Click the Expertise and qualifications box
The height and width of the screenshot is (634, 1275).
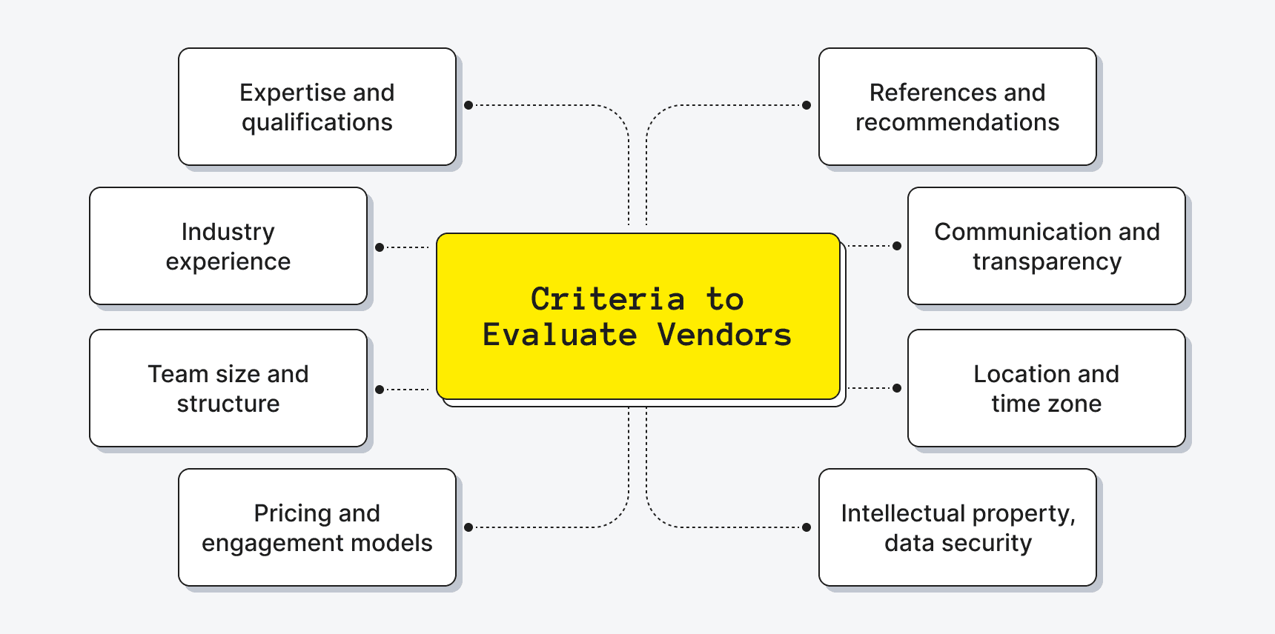(x=317, y=107)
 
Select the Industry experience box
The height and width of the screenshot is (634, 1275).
(x=228, y=246)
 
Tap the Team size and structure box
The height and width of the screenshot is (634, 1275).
(x=228, y=388)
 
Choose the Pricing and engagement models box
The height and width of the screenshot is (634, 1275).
(x=317, y=527)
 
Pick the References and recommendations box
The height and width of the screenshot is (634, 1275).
(x=957, y=107)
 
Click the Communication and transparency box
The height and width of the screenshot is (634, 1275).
(x=1046, y=246)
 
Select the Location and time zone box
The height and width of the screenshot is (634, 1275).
(x=1046, y=388)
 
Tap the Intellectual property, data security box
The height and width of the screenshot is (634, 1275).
(x=957, y=527)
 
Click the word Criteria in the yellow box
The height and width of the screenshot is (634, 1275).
(x=607, y=299)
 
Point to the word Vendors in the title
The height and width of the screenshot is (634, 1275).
(x=724, y=335)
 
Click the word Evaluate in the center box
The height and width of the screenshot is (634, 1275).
(x=560, y=335)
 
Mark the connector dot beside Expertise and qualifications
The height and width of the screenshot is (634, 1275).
(x=468, y=105)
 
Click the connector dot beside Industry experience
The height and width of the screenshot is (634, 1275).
(x=380, y=247)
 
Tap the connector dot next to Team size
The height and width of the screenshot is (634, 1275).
(x=380, y=390)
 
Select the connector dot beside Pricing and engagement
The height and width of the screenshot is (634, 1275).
(x=468, y=527)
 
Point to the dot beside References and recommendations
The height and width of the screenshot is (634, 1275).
(x=807, y=105)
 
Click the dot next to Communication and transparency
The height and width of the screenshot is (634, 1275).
(x=897, y=246)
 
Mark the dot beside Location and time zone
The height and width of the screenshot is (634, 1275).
(x=897, y=388)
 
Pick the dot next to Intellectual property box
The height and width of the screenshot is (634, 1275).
(x=807, y=527)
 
